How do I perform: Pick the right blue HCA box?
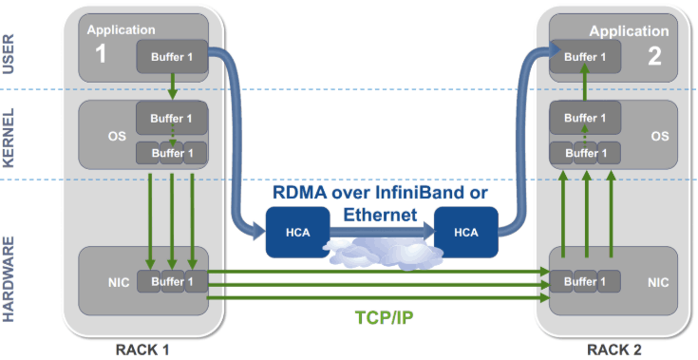tap(466, 233)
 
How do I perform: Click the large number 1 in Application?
tap(101, 54)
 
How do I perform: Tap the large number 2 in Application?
tap(653, 56)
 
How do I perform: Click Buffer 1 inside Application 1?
tap(171, 56)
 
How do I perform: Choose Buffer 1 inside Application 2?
tap(583, 56)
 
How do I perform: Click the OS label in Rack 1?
tap(116, 136)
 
